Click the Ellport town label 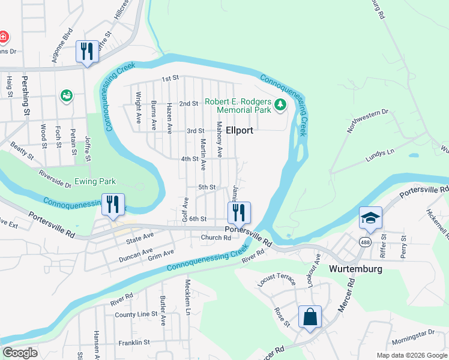pos(240,130)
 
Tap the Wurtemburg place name pos(355,269)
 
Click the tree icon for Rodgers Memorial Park pos(280,106)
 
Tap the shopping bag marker pos(310,317)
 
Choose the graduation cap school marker pos(370,217)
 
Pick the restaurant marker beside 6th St pos(239,212)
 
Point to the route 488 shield pos(365,241)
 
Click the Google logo pos(20,353)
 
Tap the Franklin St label pos(133,342)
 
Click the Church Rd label pos(215,238)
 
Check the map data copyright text pos(411,355)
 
